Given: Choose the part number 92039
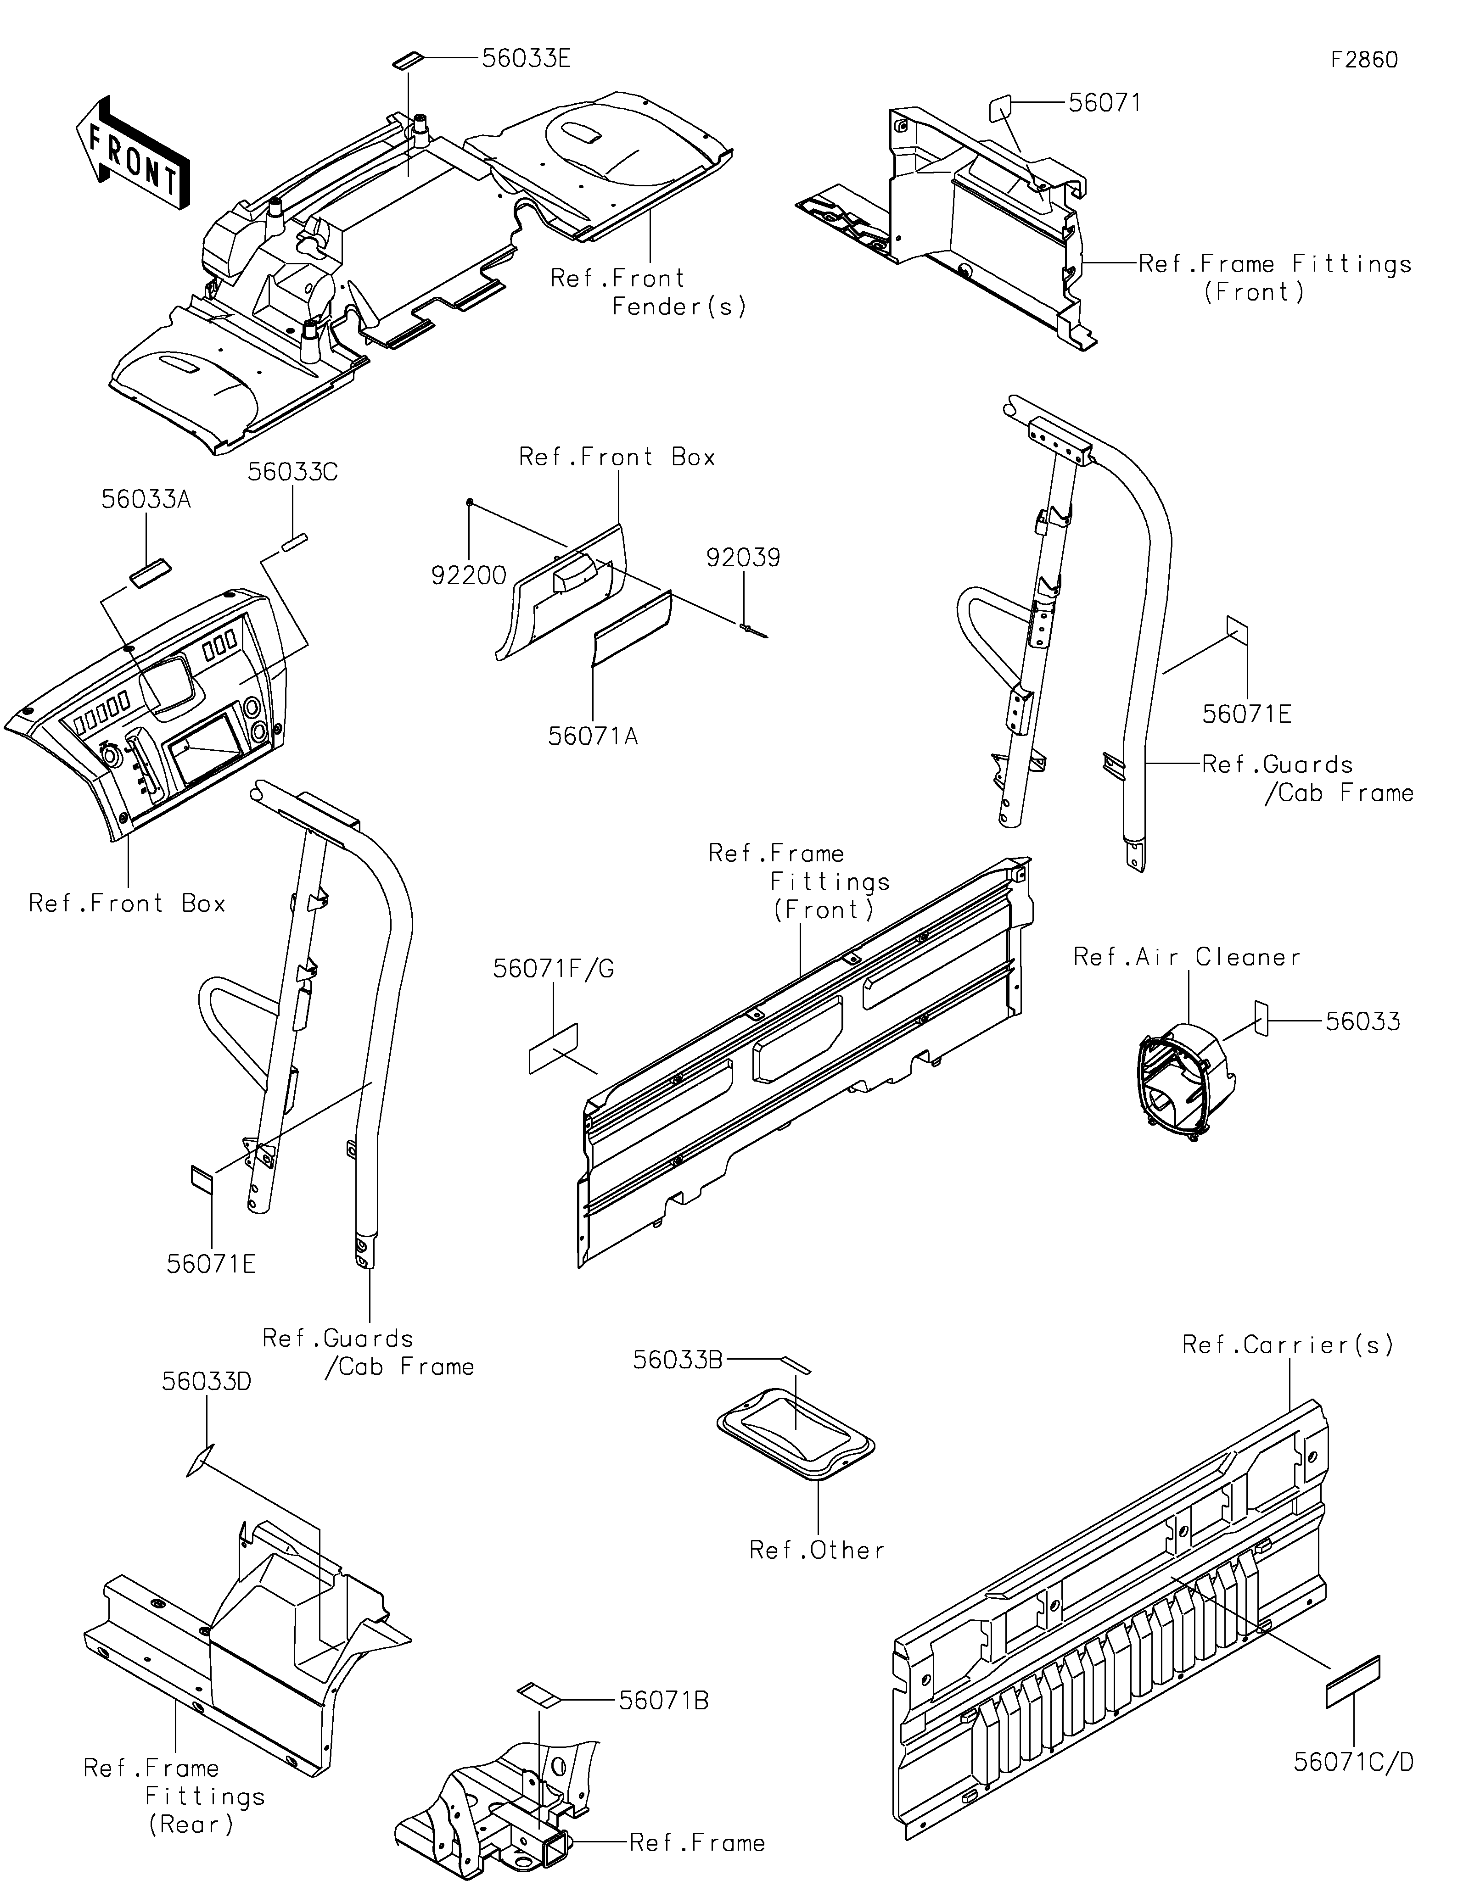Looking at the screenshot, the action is pyautogui.click(x=744, y=558).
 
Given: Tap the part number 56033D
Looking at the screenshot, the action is pyautogui.click(x=207, y=1381).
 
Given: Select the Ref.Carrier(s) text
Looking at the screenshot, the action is pyautogui.click(x=1288, y=1345).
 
